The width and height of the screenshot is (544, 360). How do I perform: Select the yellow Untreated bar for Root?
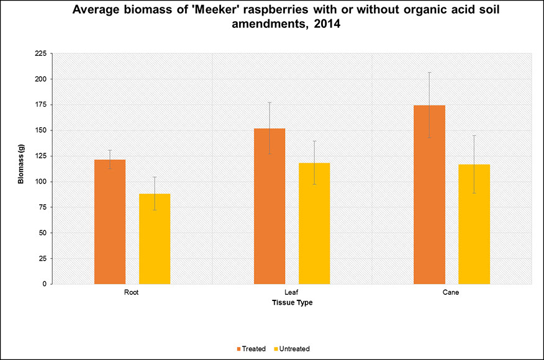[x=155, y=238]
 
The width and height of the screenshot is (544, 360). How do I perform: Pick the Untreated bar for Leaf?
[x=314, y=223]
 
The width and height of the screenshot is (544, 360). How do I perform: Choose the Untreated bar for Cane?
[x=474, y=224]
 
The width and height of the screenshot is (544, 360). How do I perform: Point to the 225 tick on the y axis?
[x=40, y=53]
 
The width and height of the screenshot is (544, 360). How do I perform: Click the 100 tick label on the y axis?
[x=40, y=181]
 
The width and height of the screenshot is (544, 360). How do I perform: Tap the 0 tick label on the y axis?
[x=44, y=284]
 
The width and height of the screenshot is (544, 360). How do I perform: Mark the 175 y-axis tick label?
[x=40, y=105]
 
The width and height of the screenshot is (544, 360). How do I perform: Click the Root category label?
[x=132, y=292]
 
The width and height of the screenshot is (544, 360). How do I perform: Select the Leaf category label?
[x=292, y=292]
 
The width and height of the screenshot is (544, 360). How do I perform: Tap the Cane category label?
[x=451, y=292]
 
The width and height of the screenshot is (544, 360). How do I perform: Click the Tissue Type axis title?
[x=292, y=302]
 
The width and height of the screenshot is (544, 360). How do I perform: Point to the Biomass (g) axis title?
[x=21, y=168]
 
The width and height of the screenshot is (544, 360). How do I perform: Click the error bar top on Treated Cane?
[x=430, y=73]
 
